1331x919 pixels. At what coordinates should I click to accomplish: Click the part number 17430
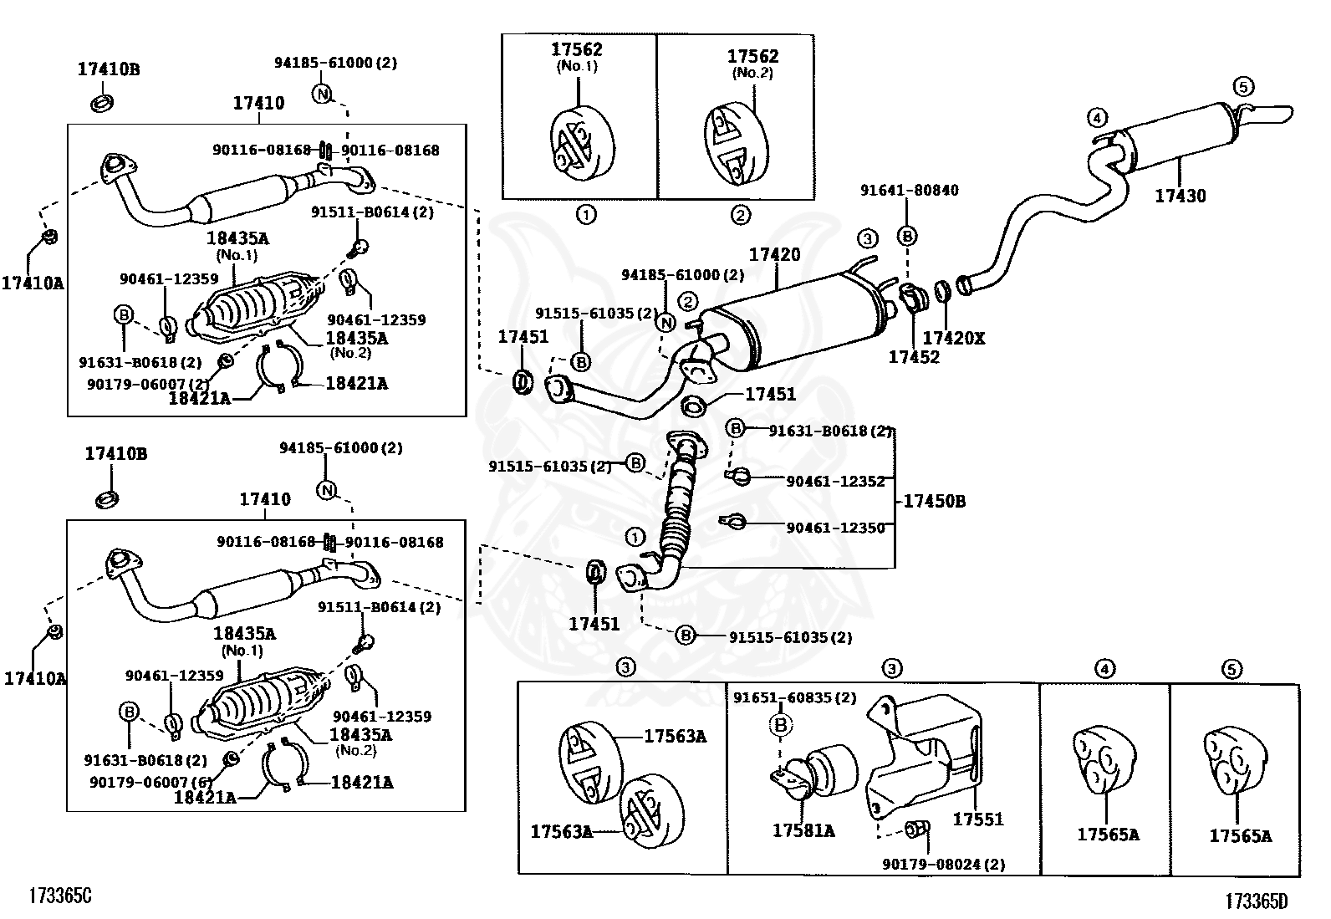1180,196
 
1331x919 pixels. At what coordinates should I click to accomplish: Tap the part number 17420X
953,338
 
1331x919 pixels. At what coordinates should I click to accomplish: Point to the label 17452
913,357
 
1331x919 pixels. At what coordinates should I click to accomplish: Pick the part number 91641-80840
909,191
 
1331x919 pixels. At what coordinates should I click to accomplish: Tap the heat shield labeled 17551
924,753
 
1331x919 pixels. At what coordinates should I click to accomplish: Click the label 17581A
803,830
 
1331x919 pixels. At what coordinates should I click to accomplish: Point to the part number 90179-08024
943,864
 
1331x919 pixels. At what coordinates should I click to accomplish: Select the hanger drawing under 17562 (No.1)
584,142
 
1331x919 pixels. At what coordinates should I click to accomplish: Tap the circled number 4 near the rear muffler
1097,117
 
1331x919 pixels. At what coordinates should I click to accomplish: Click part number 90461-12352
834,481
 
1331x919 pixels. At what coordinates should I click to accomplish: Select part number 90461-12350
834,528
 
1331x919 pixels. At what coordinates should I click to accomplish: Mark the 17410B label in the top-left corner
109,69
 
